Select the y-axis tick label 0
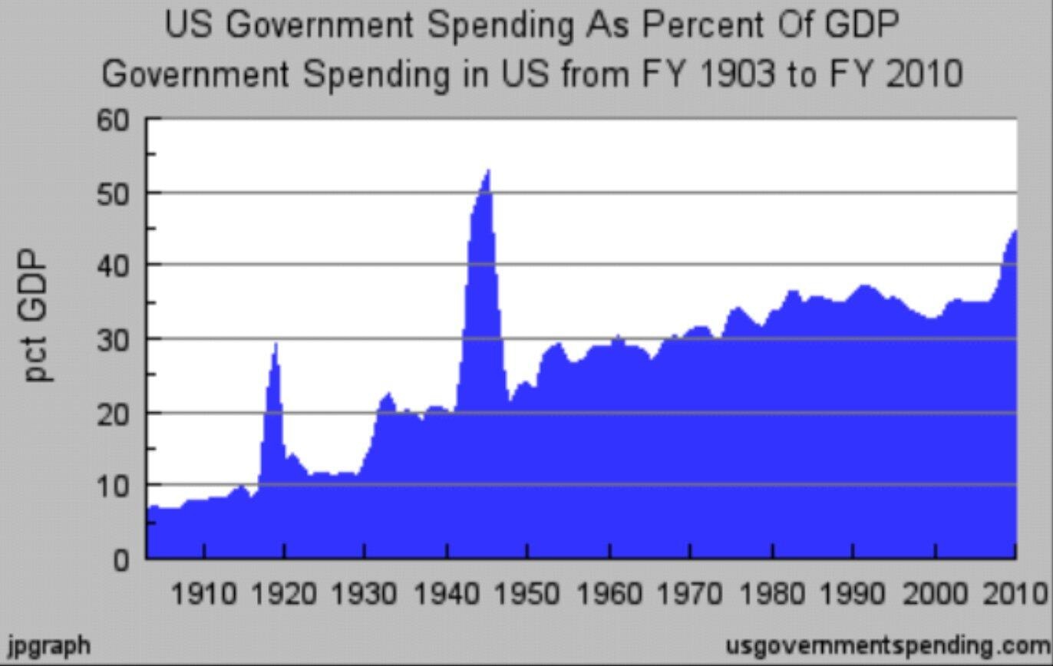click(x=122, y=559)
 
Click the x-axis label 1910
click(x=203, y=593)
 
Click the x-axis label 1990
click(x=853, y=593)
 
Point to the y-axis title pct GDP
click(x=38, y=315)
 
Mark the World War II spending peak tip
click(x=488, y=170)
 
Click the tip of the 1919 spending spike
click(x=276, y=344)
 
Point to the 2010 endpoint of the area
click(x=1015, y=231)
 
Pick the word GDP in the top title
click(x=861, y=25)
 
